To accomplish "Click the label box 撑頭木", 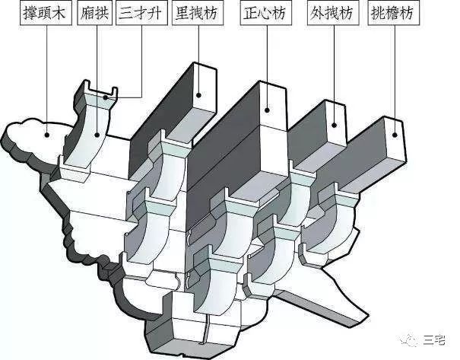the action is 46,13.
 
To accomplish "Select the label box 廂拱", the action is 94,13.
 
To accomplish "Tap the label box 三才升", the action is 141,13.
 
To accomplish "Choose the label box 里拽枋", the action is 198,13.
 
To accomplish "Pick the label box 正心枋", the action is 266,13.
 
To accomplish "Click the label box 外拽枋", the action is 333,13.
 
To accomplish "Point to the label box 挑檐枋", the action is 394,13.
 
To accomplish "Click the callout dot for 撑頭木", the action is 46,135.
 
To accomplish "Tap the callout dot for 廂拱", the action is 97,135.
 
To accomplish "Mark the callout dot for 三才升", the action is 106,97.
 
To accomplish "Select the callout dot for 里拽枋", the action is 199,95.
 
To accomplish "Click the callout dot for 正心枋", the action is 267,110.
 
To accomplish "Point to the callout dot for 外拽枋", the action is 334,126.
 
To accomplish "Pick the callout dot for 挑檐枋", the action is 395,135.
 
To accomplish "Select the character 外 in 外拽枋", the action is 317,13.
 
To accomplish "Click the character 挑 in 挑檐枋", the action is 379,13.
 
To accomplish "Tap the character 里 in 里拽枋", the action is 182,13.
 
